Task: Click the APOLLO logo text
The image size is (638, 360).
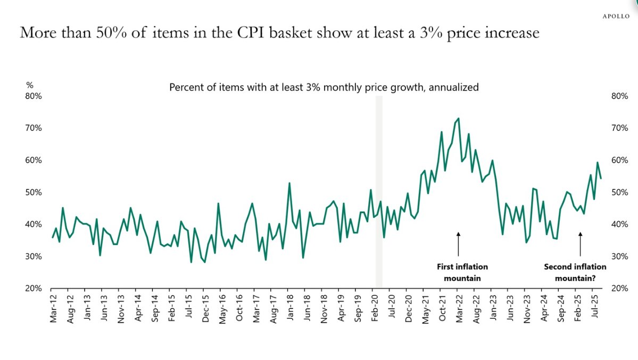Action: click(x=616, y=16)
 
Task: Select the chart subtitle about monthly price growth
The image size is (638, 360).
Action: click(x=324, y=87)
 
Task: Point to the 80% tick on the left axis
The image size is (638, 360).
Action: click(x=35, y=96)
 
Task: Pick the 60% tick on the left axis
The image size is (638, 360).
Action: click(x=35, y=160)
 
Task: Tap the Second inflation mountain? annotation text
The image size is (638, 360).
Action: click(x=575, y=272)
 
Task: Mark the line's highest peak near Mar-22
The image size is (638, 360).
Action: click(x=458, y=119)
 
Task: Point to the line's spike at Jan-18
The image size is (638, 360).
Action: click(x=289, y=183)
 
